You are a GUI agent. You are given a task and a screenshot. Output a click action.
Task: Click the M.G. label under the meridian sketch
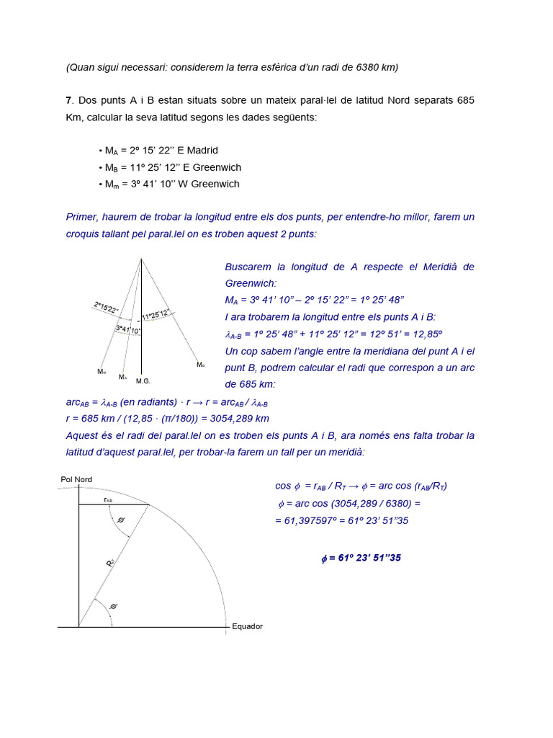click(143, 381)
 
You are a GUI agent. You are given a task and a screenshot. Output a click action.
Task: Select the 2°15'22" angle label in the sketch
click(107, 308)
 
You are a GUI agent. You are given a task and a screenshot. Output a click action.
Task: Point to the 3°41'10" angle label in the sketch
click(128, 329)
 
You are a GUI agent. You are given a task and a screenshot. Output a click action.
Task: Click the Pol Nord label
click(76, 479)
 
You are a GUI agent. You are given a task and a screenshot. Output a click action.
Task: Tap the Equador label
click(247, 626)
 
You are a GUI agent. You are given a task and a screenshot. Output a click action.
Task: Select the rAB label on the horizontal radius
click(107, 499)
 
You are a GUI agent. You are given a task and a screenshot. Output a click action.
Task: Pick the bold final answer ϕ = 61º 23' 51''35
click(361, 558)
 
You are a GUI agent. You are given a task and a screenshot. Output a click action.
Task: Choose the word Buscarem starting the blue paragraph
click(248, 267)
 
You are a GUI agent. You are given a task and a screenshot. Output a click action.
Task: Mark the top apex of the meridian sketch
click(141, 259)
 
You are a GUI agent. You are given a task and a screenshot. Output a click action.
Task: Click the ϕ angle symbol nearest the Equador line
click(113, 607)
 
